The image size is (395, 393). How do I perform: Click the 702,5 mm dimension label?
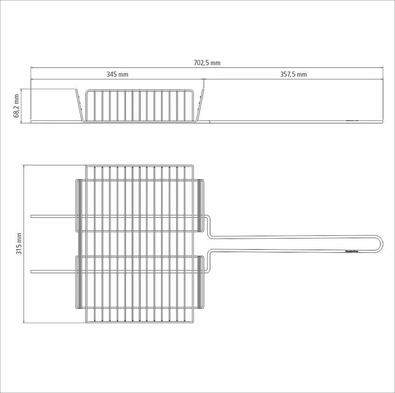207,63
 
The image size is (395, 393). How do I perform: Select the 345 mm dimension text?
117,74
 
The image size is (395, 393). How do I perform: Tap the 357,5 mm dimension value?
293,74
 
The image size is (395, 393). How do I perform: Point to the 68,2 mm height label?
17,105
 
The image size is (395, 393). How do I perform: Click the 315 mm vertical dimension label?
19,244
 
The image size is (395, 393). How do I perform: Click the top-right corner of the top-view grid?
193,166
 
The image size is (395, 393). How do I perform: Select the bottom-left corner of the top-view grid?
86,322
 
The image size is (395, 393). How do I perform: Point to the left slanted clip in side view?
79,105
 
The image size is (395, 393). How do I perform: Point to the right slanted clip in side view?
200,105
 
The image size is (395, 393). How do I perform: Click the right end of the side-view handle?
383,122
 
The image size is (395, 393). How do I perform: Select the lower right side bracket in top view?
201,282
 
